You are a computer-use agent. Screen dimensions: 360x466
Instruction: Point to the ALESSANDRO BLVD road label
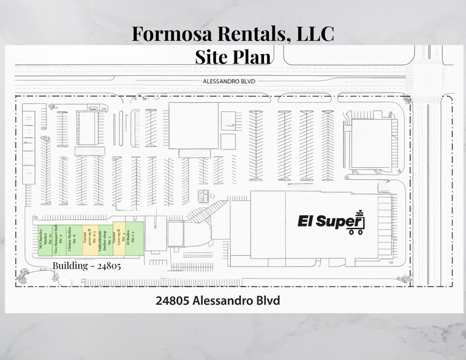230,81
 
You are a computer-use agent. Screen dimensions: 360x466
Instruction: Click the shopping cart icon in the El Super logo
356,224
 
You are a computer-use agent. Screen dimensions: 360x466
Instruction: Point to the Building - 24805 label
86,266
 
